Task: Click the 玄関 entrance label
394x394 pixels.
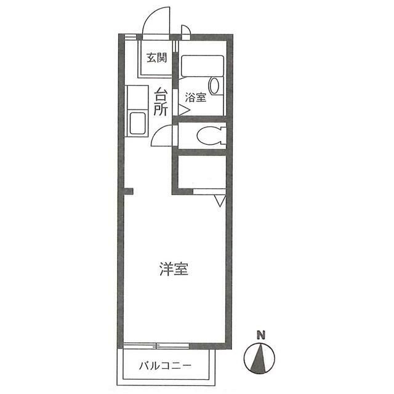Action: [x=157, y=58]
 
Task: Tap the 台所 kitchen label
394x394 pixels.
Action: [x=161, y=103]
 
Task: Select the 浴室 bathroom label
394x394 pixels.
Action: [x=195, y=97]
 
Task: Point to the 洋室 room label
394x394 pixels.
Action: [x=174, y=269]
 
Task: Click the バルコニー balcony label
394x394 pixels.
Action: [x=164, y=365]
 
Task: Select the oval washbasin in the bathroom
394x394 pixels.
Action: [x=214, y=85]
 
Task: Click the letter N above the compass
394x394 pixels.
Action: [x=261, y=336]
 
